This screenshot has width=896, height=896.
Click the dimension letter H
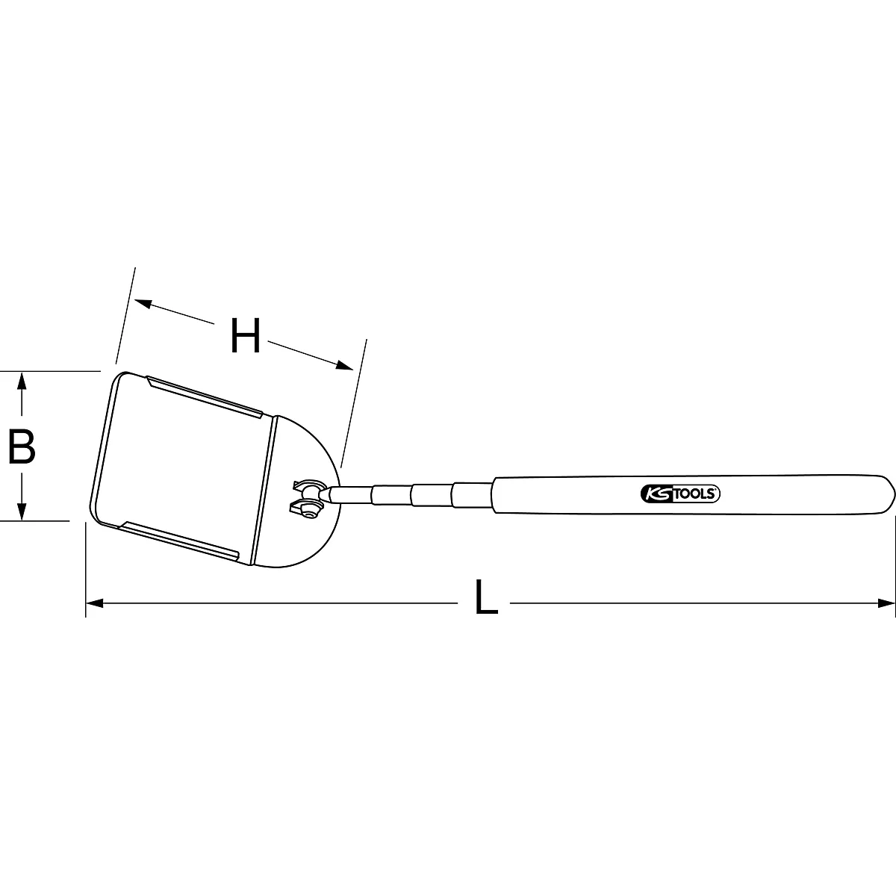[x=246, y=336]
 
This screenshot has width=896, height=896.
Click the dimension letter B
[x=22, y=447]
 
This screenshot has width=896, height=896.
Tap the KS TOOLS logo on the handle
[x=680, y=494]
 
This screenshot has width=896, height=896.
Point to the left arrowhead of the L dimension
[x=95, y=603]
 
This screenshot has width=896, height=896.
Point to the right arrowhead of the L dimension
[x=886, y=603]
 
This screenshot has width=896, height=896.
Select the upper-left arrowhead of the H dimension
[x=143, y=303]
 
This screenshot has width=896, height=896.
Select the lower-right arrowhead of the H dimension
[x=344, y=365]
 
